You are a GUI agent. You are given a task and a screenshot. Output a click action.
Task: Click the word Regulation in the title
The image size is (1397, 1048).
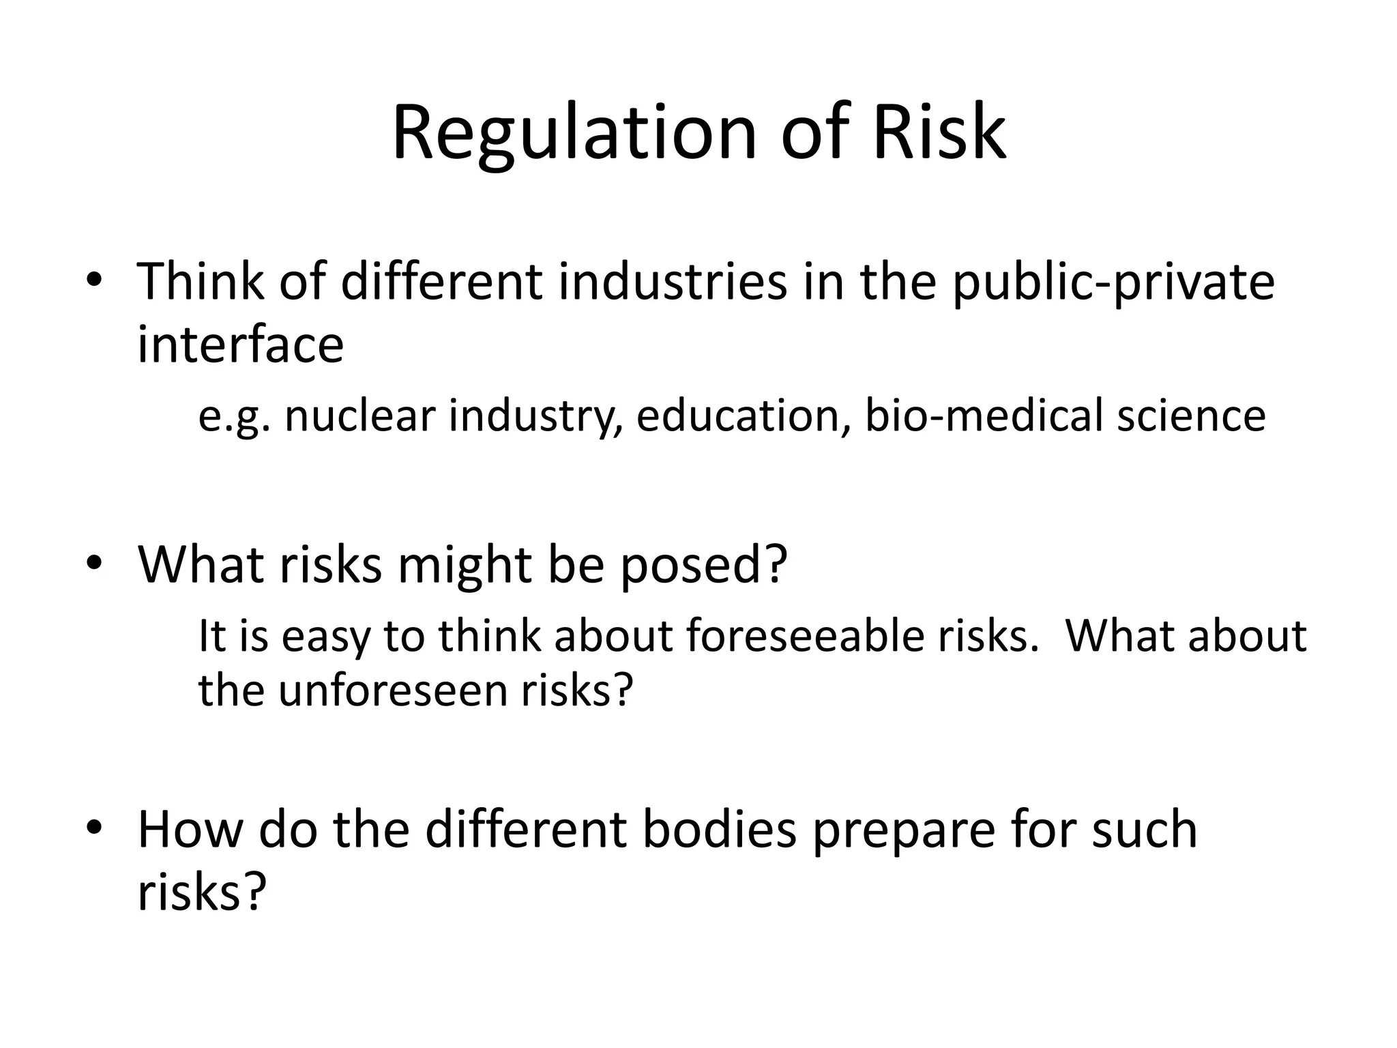(x=574, y=133)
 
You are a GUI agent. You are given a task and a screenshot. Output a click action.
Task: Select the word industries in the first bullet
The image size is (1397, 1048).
(x=673, y=282)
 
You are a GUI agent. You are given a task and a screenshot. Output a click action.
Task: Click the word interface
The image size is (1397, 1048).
(x=240, y=344)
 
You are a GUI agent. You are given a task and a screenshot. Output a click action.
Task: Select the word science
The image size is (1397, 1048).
(x=1191, y=416)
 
